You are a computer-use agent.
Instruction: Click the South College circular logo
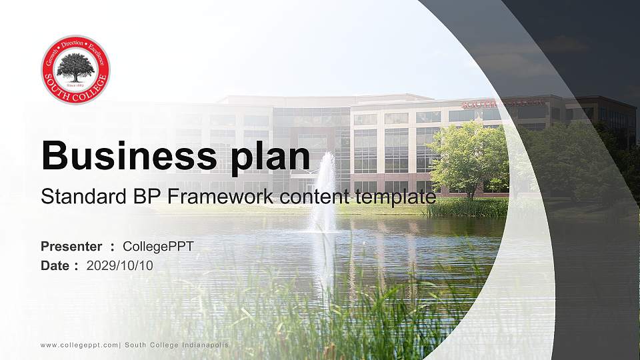(75, 70)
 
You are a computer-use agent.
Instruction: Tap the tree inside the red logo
(75, 66)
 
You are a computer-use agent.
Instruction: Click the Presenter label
(71, 247)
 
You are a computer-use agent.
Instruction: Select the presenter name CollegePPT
(158, 247)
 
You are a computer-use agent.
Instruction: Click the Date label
(55, 265)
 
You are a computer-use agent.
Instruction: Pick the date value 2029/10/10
(120, 265)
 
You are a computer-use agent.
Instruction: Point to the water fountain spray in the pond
(325, 193)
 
